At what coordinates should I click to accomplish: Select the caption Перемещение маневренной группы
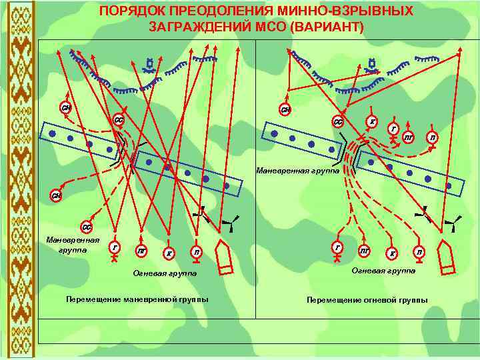tap(137, 299)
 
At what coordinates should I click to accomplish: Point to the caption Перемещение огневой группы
tap(367, 300)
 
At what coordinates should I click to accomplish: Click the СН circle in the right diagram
tap(285, 109)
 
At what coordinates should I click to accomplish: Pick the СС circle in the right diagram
tap(339, 122)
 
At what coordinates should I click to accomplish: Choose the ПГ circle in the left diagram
tap(142, 251)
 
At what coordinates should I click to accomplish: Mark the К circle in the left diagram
tap(169, 253)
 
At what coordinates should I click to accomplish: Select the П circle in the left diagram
tap(196, 251)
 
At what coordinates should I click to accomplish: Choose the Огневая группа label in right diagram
tap(383, 271)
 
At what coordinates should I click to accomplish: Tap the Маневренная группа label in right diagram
tap(297, 171)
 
